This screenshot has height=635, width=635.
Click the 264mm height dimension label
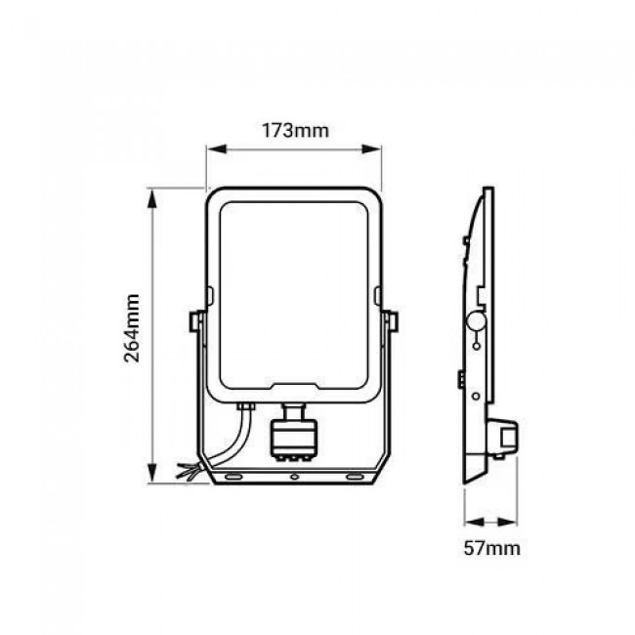click(134, 335)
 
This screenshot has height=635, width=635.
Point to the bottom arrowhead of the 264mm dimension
click(150, 475)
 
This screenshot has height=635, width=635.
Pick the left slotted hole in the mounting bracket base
click(235, 478)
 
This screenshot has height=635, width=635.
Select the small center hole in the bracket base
click(294, 478)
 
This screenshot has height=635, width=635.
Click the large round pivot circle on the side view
click(478, 319)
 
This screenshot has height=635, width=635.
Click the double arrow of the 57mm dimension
click(489, 522)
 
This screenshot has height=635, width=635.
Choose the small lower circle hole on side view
click(476, 396)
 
